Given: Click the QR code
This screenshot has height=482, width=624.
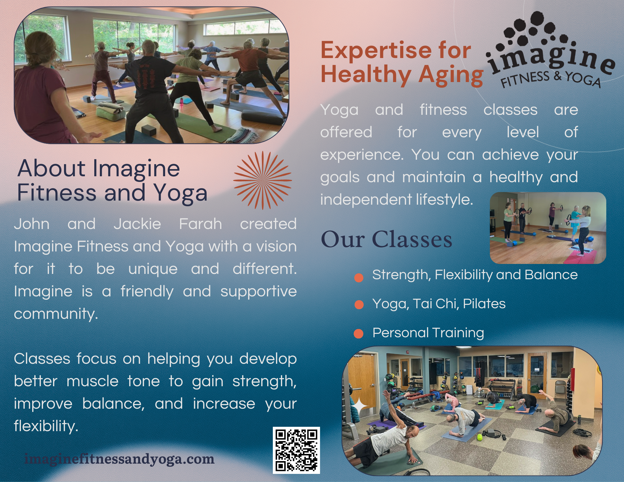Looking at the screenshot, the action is point(296,450).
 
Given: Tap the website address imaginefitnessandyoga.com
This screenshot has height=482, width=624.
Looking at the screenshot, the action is point(120,459).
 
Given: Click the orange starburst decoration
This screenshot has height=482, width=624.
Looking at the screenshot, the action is point(263,180).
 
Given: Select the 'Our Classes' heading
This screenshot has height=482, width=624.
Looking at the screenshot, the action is point(386,240).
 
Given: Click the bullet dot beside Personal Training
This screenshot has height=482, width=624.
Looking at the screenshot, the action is point(359,334).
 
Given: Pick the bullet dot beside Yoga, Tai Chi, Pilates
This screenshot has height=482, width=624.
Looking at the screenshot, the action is point(359,304).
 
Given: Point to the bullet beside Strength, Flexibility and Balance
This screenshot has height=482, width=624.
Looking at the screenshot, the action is point(359,277).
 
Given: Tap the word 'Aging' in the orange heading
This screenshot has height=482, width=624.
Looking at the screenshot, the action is point(451,75).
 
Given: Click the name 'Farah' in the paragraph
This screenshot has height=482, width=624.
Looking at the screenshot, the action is point(200,224).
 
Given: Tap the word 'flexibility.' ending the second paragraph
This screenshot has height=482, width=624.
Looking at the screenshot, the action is point(46,426).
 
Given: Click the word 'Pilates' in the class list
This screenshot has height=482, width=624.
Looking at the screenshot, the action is point(484,304).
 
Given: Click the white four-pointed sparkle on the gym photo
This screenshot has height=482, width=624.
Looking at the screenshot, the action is point(360,406).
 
